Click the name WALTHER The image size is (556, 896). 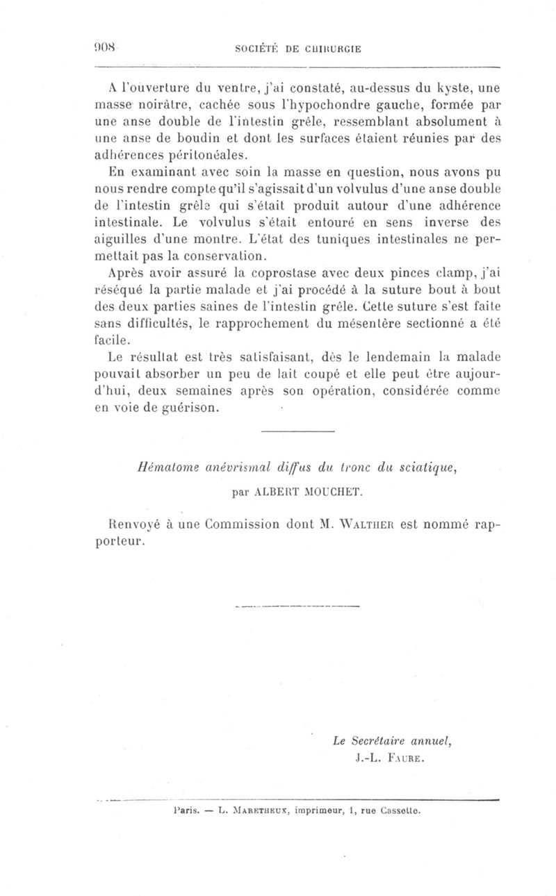[356, 524]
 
